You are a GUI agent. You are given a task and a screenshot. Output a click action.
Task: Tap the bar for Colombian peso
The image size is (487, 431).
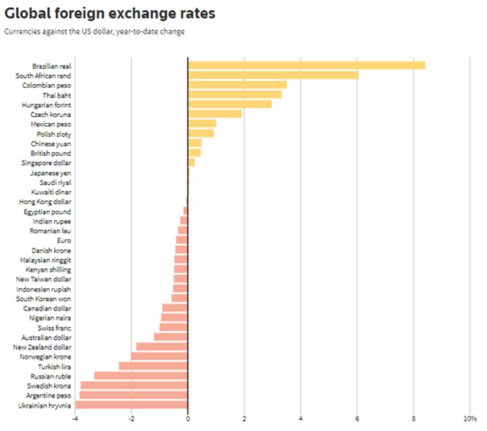(237, 85)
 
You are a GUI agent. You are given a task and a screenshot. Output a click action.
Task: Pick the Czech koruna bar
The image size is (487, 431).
(214, 114)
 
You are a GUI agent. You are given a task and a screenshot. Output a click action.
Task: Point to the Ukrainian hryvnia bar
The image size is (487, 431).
(131, 405)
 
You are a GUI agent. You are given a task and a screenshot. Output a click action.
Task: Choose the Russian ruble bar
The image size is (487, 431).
(141, 376)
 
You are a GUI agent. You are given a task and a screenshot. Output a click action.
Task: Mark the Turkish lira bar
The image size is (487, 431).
(153, 366)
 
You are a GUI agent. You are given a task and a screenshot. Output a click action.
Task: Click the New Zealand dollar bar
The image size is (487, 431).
(161, 346)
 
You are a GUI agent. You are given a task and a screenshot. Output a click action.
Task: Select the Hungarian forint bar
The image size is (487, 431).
(229, 104)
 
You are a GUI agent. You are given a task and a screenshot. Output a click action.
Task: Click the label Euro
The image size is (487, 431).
(63, 240)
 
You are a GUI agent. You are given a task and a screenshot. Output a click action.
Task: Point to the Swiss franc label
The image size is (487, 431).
(54, 328)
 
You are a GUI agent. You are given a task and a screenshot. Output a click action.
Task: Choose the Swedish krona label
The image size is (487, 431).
(49, 385)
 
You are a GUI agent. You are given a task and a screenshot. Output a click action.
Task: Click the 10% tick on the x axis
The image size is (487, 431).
(469, 419)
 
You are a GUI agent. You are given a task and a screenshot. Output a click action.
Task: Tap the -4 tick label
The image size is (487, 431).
(75, 419)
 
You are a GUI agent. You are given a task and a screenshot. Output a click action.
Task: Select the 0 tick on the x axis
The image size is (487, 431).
(187, 419)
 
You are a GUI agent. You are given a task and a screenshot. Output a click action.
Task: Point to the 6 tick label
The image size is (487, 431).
(357, 419)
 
